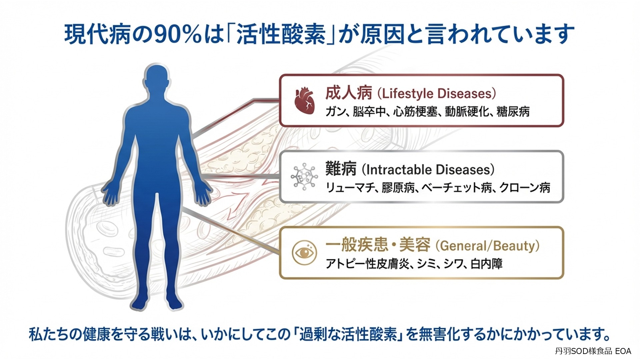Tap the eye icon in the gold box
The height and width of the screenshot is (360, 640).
pyautogui.click(x=304, y=252)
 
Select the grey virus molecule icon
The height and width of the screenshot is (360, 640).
pyautogui.click(x=304, y=177)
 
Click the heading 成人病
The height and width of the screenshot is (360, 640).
pyautogui.click(x=349, y=93)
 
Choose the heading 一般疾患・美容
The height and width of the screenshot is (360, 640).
pyautogui.click(x=378, y=245)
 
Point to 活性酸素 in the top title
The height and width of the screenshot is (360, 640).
pyautogui.click(x=281, y=34)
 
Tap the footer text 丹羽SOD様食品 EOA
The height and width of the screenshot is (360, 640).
pyautogui.click(x=593, y=351)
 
